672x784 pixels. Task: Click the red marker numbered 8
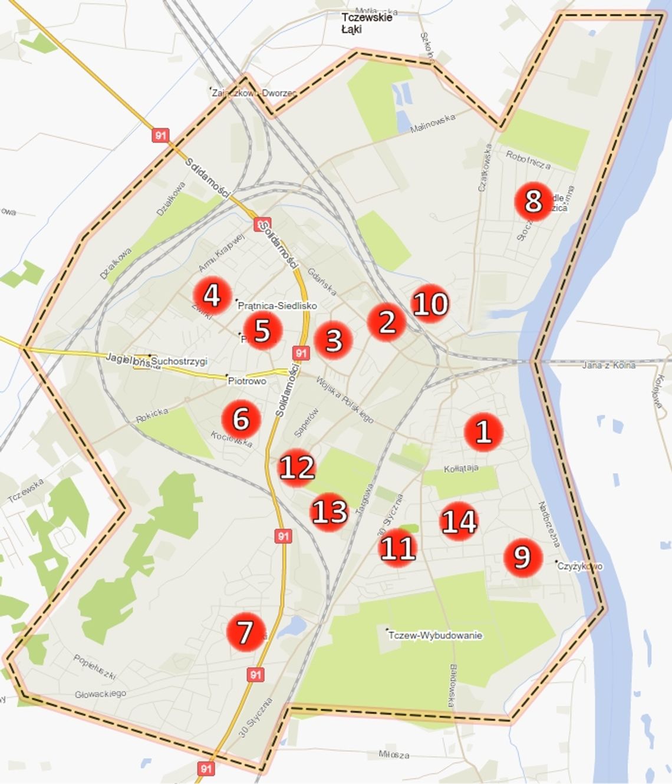(533, 201)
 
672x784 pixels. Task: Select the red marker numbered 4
(212, 295)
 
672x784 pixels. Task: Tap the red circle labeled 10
(430, 304)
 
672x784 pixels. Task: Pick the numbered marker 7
(245, 632)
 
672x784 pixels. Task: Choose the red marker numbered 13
(329, 512)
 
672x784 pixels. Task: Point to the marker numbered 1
(483, 431)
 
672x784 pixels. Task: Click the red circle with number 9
(522, 557)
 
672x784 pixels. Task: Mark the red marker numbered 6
(241, 419)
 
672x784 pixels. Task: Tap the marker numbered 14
(459, 521)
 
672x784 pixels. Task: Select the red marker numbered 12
(297, 467)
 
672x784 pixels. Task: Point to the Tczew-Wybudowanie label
(436, 635)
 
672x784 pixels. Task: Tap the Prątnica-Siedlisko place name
(277, 305)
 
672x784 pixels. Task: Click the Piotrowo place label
(247, 381)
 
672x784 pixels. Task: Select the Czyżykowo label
(581, 566)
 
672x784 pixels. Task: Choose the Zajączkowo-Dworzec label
(254, 93)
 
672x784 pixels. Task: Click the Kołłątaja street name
(461, 469)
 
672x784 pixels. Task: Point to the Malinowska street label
(433, 123)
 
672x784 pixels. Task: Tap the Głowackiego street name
(100, 694)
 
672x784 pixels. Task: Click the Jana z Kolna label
(608, 365)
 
